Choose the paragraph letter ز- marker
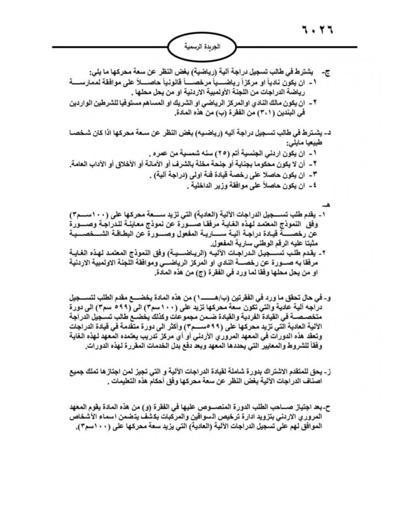(329, 373)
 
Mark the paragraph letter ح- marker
(329, 407)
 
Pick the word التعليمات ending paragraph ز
(122, 382)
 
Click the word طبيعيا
(315, 142)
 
